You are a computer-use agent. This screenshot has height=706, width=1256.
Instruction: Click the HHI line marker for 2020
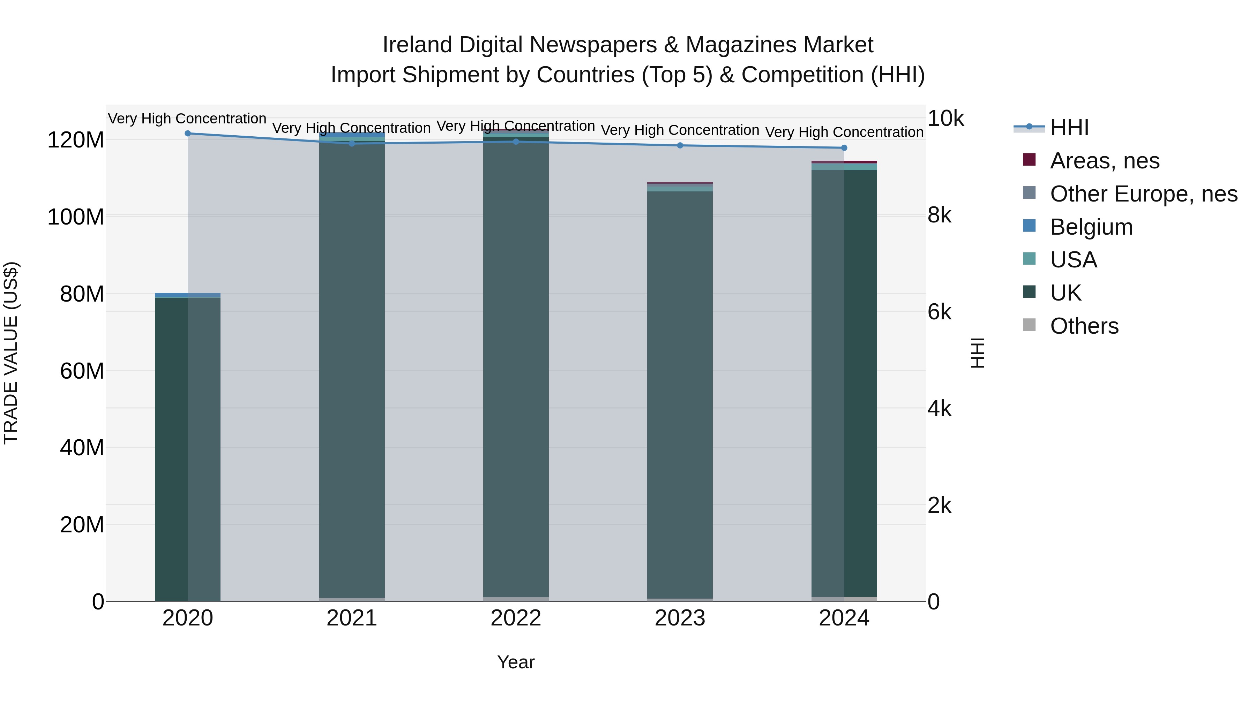pyautogui.click(x=188, y=134)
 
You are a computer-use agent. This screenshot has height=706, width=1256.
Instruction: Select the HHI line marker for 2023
pyautogui.click(x=680, y=145)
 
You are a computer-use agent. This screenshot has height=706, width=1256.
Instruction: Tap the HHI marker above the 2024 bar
pyautogui.click(x=844, y=147)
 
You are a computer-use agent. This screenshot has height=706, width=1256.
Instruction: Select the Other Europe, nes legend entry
pyautogui.click(x=1143, y=194)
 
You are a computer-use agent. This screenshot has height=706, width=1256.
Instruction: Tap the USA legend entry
pyautogui.click(x=1073, y=260)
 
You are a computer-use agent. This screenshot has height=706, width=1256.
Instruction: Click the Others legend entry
pyautogui.click(x=1084, y=326)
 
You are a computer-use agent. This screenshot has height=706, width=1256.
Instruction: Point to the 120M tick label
pyautogui.click(x=76, y=140)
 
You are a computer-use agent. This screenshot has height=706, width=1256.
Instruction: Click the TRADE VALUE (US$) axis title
pyautogui.click(x=11, y=353)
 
